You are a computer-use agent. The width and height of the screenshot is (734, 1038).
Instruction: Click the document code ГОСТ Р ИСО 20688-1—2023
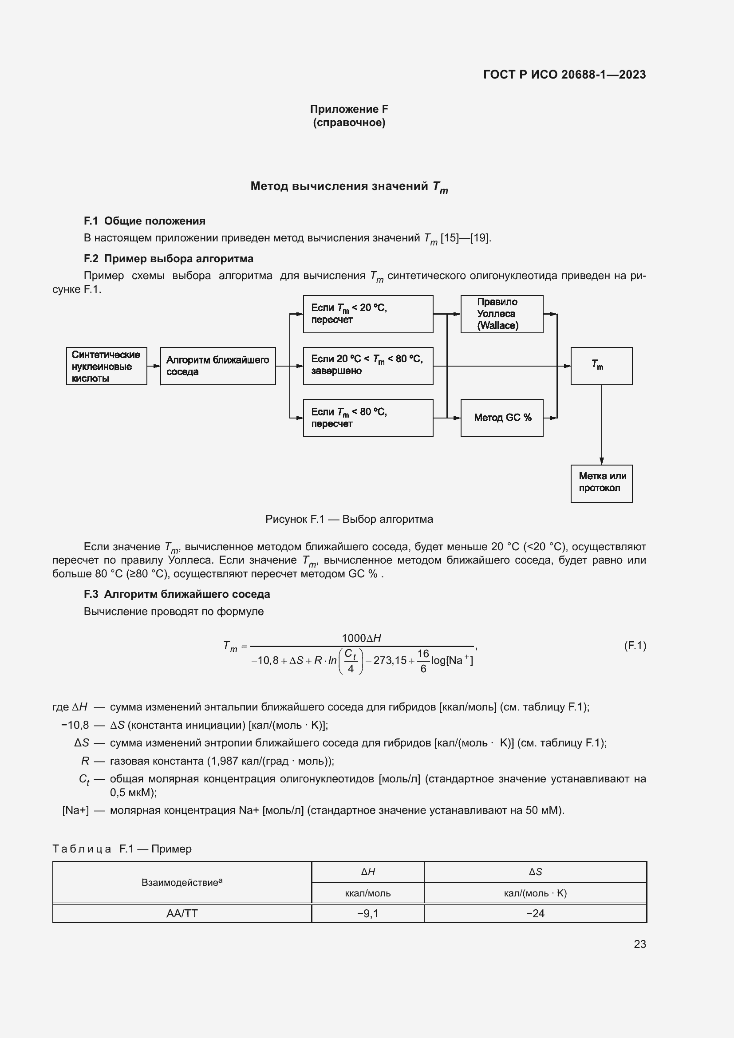564,75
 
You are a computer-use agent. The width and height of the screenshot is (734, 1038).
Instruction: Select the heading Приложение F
349,109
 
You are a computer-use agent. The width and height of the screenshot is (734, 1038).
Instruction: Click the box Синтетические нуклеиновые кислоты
106,366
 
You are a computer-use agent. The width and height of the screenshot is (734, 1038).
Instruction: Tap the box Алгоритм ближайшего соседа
218,366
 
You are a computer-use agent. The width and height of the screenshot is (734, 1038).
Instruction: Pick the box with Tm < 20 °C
368,314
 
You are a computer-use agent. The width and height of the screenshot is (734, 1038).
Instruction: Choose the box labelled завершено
368,366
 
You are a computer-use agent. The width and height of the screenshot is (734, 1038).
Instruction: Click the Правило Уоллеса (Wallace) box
502,314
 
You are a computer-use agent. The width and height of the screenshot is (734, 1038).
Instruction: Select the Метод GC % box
502,418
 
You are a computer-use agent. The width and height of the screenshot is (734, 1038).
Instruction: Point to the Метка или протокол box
601,483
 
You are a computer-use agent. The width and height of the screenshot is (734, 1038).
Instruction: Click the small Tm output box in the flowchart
601,366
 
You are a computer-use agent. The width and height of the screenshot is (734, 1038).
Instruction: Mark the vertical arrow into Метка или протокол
602,425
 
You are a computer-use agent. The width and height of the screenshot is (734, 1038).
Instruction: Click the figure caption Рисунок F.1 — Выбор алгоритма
349,519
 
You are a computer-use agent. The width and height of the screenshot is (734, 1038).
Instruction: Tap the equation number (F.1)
635,646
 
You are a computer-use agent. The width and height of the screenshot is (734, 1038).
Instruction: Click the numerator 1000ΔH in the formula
361,638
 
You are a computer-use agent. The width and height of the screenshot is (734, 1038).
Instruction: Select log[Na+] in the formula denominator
451,660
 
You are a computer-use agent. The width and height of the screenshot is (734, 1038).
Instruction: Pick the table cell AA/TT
182,913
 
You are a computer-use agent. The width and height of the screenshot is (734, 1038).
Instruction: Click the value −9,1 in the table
367,913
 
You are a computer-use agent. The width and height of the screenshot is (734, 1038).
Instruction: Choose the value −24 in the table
535,913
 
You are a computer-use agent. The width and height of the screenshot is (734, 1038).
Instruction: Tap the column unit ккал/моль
367,893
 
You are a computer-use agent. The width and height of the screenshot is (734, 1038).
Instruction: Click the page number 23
639,944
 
